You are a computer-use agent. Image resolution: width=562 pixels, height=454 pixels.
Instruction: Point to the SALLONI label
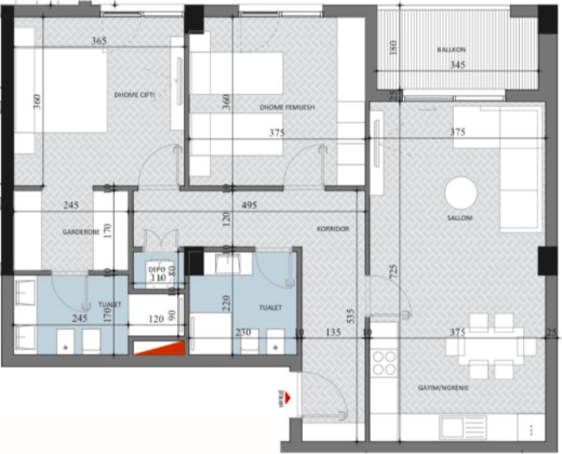tap(459, 218)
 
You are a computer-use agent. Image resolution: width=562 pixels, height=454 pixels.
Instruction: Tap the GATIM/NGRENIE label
tap(443, 388)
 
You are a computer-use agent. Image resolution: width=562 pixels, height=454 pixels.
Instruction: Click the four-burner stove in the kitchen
tap(384, 362)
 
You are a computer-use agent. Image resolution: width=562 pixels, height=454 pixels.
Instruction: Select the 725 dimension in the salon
tap(393, 271)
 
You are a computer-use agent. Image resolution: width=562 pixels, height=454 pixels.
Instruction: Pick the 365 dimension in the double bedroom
tap(99, 41)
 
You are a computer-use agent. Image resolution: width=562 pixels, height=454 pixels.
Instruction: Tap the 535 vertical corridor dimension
tap(352, 316)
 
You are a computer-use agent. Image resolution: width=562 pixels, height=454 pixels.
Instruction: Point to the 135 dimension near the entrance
tap(333, 333)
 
